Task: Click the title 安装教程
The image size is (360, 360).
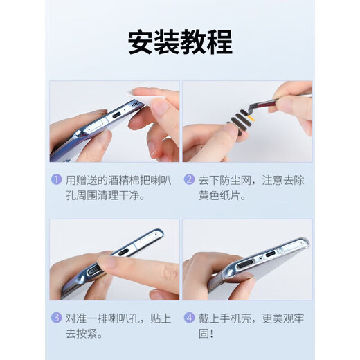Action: pos(179,42)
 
